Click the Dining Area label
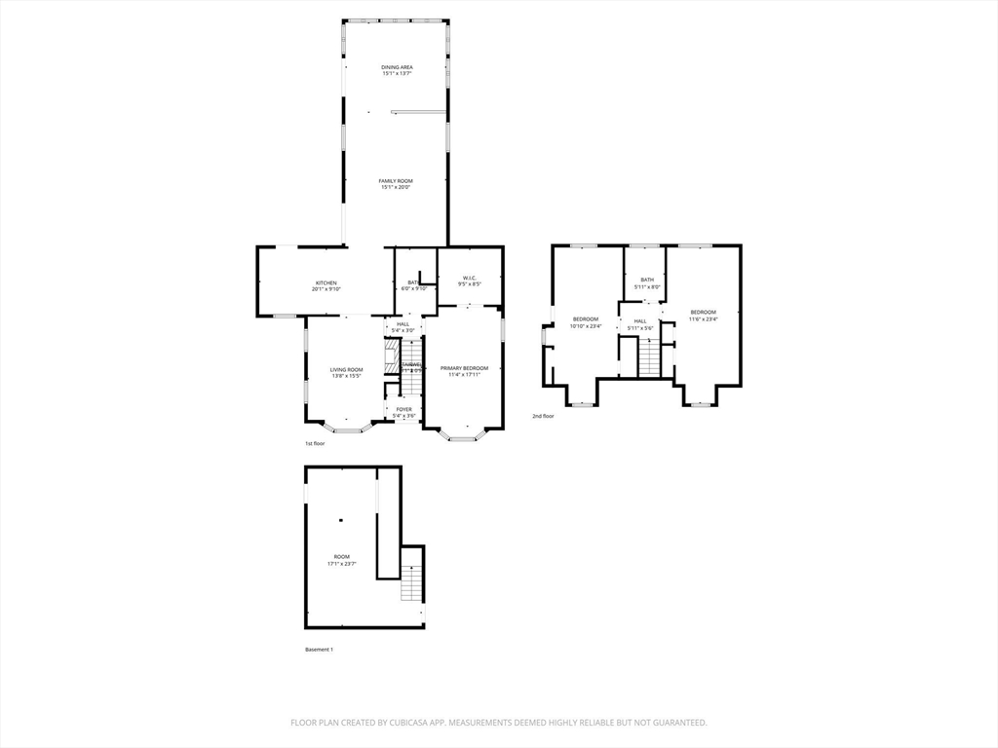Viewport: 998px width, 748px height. (x=396, y=67)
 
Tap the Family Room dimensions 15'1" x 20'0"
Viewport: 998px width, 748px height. (x=396, y=187)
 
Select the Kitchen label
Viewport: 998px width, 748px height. (x=325, y=282)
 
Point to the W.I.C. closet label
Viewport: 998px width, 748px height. (x=469, y=279)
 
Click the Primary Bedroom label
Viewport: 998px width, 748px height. (x=464, y=368)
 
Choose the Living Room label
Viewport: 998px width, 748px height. (x=346, y=369)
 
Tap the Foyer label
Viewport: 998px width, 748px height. (x=403, y=409)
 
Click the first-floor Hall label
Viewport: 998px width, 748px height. (x=403, y=324)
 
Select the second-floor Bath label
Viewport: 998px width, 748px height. (x=647, y=280)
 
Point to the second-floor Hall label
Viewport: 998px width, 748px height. (x=640, y=321)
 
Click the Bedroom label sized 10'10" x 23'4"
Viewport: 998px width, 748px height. (x=586, y=319)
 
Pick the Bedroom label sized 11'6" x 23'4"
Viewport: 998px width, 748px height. (x=703, y=313)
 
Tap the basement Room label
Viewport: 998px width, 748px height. (x=341, y=556)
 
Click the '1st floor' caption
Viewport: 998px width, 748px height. (x=315, y=443)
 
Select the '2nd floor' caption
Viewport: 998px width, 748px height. (x=543, y=416)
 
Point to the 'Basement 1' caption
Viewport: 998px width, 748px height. (x=319, y=650)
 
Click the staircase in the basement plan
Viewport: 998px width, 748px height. (x=412, y=582)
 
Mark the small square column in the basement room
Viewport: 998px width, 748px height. (x=341, y=519)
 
